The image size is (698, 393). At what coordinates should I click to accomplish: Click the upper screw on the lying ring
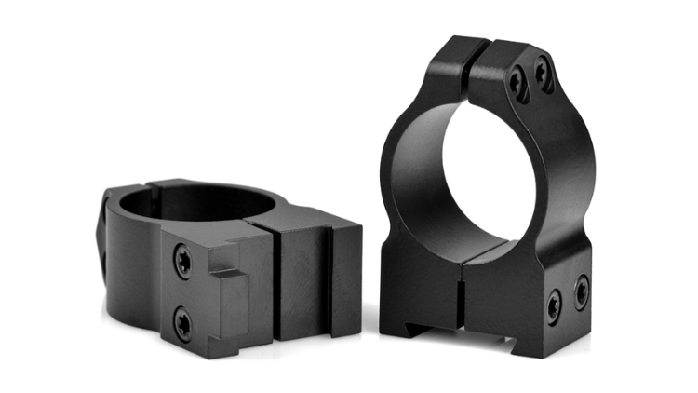(x=183, y=264)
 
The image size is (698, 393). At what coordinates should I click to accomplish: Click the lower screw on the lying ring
(x=183, y=323)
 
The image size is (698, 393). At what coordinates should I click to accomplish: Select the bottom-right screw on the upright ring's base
(x=581, y=291)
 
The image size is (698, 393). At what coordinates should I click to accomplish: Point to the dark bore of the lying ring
(x=195, y=203)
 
